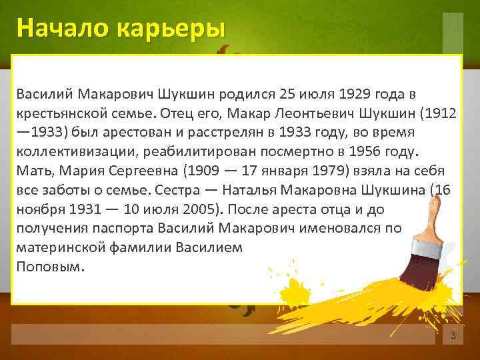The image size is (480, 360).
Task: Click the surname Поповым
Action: pyautogui.click(x=50, y=267)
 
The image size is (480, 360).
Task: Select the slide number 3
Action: pyautogui.click(x=453, y=335)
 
